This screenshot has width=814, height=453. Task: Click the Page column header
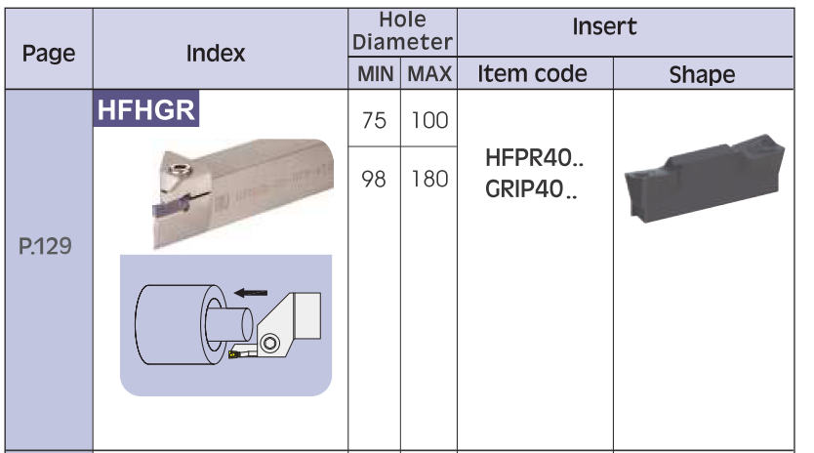[48, 54]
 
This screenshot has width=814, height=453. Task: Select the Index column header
[216, 54]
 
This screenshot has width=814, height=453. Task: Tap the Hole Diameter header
[402, 31]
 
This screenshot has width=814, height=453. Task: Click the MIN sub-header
[375, 74]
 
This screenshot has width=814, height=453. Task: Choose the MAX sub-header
[429, 74]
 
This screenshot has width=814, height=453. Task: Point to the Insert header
[604, 26]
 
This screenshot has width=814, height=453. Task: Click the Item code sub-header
[532, 74]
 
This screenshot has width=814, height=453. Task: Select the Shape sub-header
[702, 75]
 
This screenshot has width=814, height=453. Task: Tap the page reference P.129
[45, 246]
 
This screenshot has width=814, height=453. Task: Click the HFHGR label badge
[145, 109]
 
